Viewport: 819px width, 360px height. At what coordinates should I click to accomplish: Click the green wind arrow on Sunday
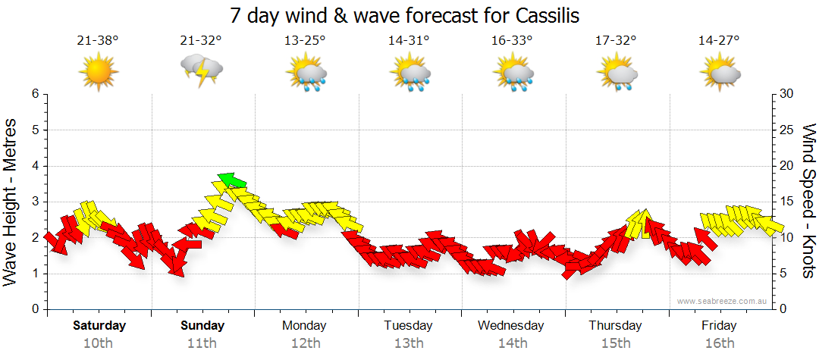coord(232,180)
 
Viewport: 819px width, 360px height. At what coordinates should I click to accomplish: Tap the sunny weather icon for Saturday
coord(98,72)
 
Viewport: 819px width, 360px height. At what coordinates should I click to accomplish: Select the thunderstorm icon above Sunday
coord(201,72)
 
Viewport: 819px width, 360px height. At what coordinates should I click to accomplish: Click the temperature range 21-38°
coord(98,40)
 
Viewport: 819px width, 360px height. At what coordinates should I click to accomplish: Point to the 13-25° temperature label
coord(305,40)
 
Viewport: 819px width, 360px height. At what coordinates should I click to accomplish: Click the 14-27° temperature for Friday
coord(719,40)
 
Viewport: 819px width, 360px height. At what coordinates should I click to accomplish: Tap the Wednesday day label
coord(511,326)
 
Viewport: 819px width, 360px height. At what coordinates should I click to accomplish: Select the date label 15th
coord(615,343)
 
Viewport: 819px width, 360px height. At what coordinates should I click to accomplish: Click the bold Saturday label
coord(99,326)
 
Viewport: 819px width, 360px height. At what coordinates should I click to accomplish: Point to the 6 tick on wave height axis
coord(35,94)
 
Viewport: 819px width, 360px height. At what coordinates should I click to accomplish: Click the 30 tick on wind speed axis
coord(786,94)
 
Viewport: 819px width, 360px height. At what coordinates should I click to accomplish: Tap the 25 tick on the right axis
coord(786,130)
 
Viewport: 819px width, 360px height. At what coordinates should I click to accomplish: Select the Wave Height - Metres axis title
coord(12,202)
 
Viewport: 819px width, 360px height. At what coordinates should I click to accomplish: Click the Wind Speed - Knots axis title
coord(808,202)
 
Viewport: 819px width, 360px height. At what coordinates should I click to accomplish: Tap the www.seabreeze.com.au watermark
coord(723,302)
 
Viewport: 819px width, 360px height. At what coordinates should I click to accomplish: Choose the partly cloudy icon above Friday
coord(719,72)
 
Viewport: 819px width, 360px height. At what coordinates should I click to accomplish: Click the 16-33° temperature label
coord(512,40)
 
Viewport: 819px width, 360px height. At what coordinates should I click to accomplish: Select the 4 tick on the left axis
coord(35,166)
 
